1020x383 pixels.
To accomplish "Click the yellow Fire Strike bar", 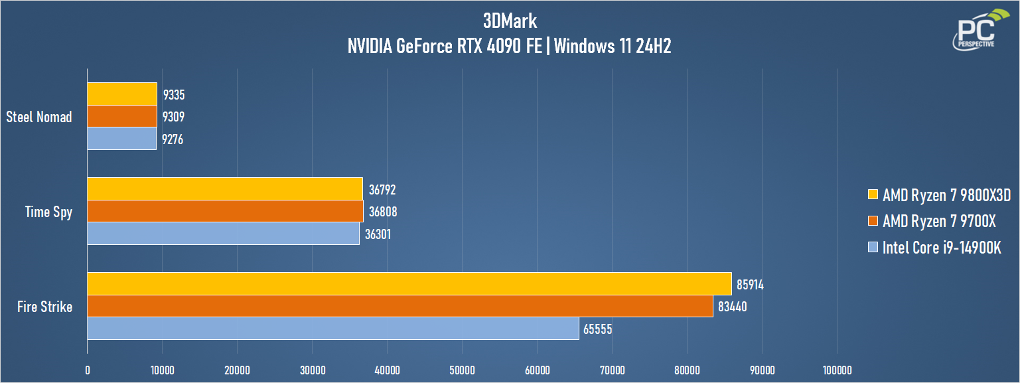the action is click(409, 283).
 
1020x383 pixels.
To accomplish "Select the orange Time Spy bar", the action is click(226, 211).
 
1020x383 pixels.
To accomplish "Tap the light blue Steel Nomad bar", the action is click(122, 139).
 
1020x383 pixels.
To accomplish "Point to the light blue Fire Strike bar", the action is click(333, 329).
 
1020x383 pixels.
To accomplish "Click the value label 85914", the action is click(750, 285).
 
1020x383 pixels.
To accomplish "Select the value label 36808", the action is click(382, 212).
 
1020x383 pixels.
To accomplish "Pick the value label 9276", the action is click(173, 139).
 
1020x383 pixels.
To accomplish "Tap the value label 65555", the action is click(597, 329).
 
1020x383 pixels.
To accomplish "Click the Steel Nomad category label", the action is click(39, 117).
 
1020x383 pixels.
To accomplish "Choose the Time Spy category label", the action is click(48, 212).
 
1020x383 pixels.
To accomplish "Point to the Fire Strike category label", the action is click(44, 307).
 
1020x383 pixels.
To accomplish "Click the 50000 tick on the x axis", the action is click(462, 370).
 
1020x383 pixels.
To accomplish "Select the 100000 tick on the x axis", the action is click(837, 370).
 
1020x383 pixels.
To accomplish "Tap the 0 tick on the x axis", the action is click(88, 370).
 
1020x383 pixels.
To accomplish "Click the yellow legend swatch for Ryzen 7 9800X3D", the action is click(873, 194).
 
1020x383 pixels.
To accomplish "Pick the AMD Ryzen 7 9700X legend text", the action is click(939, 221).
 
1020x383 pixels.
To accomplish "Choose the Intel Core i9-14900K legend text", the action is click(942, 248).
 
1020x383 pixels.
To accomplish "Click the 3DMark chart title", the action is click(510, 21).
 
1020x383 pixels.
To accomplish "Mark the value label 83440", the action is click(732, 307).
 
